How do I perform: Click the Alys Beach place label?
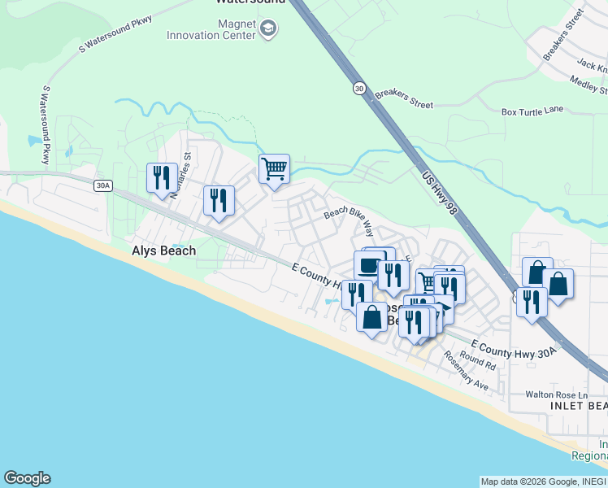pos(163,251)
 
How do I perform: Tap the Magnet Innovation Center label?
pos(211,29)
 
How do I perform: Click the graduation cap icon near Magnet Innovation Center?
pos(267,30)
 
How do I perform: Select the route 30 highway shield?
pos(358,88)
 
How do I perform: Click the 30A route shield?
pos(102,186)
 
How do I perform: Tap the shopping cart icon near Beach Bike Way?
pos(274,169)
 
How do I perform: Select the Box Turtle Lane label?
pos(532,111)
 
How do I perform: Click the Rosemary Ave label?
pos(466,371)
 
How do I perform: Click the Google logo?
pos(27,478)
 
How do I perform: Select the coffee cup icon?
pos(368,264)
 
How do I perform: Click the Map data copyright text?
pos(543,481)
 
